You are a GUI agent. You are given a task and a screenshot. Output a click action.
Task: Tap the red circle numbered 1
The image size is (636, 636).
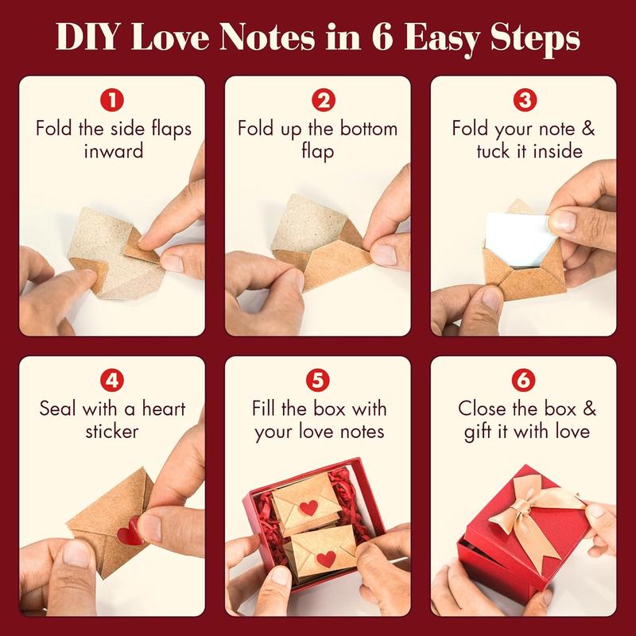114,100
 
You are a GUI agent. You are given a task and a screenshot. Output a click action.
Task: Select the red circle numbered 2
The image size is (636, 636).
318,100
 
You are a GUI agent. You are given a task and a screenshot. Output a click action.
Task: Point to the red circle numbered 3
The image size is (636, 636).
523,100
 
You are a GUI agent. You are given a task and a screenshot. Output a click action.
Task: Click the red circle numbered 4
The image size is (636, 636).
114,380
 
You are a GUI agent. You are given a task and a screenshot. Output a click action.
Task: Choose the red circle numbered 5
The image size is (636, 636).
318,380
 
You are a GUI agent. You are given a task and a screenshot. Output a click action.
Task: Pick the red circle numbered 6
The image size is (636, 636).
523,380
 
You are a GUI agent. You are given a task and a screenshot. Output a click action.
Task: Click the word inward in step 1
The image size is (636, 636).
114,150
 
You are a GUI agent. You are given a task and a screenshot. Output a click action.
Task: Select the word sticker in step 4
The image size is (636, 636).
114,431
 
